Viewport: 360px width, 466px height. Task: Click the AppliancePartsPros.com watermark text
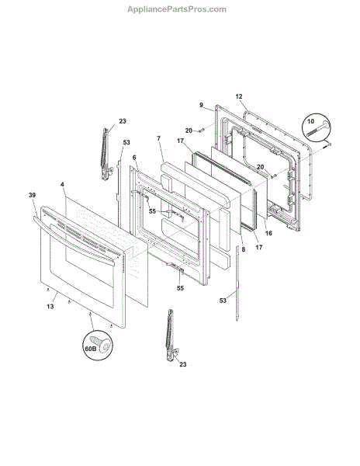177,9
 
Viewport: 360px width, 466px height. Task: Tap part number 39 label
32,195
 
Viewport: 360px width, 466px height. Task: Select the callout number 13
50,306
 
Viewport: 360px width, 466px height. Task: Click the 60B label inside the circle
91,349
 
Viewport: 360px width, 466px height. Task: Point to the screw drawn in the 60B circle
102,344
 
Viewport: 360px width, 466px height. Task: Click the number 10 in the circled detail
310,121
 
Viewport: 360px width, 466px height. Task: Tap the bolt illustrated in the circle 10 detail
319,129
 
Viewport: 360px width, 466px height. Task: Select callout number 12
239,96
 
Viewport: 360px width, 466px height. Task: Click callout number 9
202,105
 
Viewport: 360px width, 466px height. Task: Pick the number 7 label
159,138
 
